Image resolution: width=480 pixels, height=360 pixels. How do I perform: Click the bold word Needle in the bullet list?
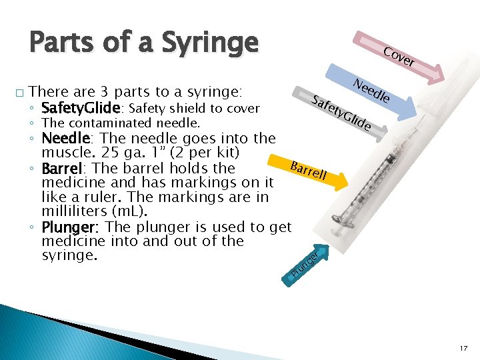click(x=65, y=139)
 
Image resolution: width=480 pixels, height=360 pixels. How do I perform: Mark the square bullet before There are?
click(x=21, y=93)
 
